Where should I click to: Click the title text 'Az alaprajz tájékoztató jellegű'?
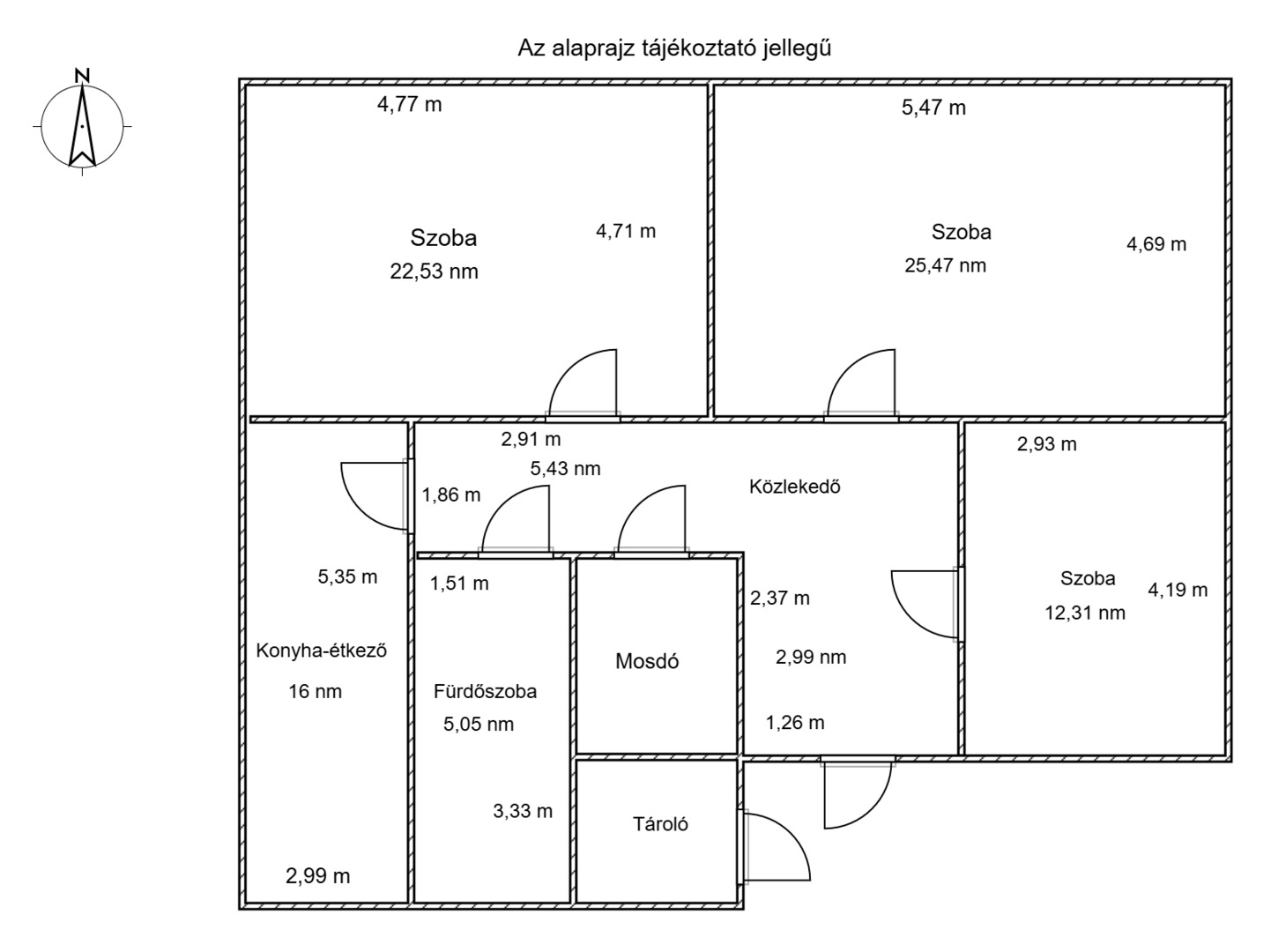coord(674,48)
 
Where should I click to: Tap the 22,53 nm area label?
coord(434,271)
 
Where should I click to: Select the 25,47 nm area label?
coord(945,266)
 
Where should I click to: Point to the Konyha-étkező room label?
coord(322,651)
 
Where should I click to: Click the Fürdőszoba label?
coord(486,691)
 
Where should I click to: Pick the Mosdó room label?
coord(647,661)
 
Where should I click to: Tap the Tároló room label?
coord(660,824)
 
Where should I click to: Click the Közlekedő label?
coord(794,487)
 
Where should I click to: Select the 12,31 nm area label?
coord(1084,613)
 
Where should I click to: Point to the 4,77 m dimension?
coord(409,105)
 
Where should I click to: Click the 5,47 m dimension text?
coord(933,108)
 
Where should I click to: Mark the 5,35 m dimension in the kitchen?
coord(347,576)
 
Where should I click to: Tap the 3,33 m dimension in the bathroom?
coord(523,811)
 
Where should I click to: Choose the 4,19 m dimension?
coord(1178,590)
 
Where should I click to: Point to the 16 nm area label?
coord(315,691)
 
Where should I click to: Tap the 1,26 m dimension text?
coord(795,723)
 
